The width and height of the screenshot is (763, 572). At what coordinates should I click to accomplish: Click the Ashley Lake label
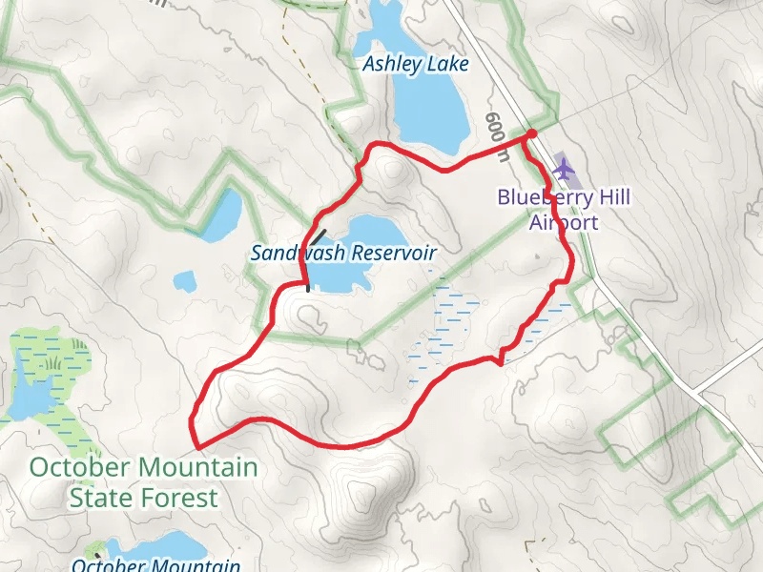coord(416,65)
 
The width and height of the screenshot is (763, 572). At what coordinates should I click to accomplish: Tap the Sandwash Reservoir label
coord(343,253)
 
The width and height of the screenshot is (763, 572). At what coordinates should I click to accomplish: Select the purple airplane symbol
coord(565,170)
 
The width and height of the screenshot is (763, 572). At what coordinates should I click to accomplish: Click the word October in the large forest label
coord(81,468)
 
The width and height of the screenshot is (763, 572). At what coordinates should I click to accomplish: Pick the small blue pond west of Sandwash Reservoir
coord(184,281)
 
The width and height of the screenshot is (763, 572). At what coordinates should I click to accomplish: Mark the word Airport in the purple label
coord(564,223)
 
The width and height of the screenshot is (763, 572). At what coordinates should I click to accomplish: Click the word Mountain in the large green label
coord(196,468)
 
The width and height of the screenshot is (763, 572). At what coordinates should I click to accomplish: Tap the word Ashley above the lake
coord(390,65)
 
